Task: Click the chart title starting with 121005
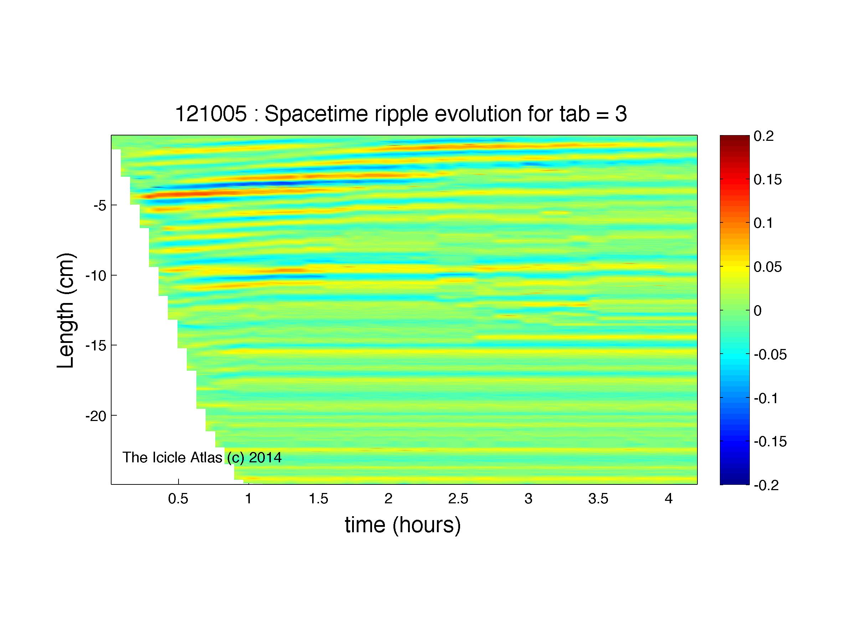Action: [401, 114]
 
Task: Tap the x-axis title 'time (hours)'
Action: [403, 525]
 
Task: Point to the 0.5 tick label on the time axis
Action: [178, 499]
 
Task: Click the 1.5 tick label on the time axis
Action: [319, 499]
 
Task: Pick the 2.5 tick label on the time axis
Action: [459, 499]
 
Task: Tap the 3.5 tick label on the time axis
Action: [599, 499]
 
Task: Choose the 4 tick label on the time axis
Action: [669, 499]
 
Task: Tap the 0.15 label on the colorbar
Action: [768, 180]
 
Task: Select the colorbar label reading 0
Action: [758, 311]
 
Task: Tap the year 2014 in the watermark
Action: [265, 458]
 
